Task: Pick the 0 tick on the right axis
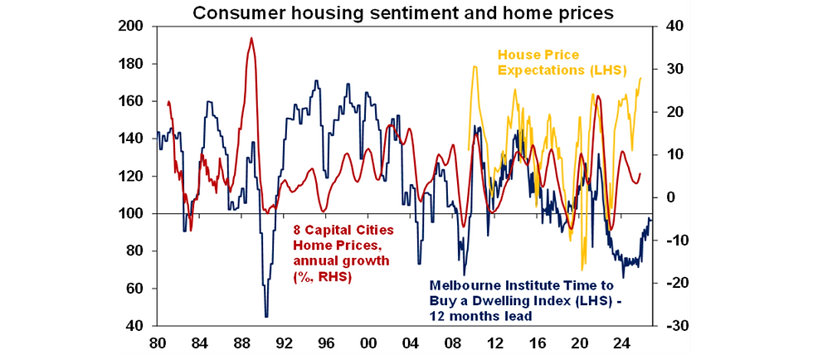pyautogui.click(x=663, y=197)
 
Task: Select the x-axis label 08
pyautogui.click(x=453, y=342)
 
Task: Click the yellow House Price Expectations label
pyautogui.click(x=562, y=62)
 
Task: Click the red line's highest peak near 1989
pyautogui.click(x=251, y=38)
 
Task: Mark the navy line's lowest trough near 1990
pyautogui.click(x=266, y=316)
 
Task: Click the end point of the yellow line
pyautogui.click(x=641, y=78)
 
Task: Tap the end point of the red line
pyautogui.click(x=640, y=174)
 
